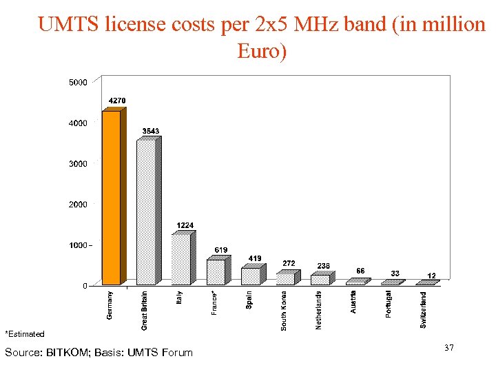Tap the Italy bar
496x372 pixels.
click(180, 259)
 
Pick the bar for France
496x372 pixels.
click(216, 271)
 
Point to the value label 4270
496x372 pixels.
click(117, 101)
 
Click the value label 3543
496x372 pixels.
click(151, 131)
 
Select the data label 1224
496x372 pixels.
click(185, 225)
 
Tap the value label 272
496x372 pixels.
click(289, 263)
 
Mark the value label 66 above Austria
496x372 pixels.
click(360, 270)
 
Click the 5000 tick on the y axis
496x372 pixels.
click(78, 83)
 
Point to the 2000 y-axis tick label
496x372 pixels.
click(78, 205)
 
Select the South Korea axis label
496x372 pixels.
click(284, 310)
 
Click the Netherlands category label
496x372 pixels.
click(318, 309)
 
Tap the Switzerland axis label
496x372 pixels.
click(423, 309)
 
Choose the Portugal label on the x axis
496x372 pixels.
click(389, 304)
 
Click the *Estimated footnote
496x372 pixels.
click(25, 334)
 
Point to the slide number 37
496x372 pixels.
click(449, 349)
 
